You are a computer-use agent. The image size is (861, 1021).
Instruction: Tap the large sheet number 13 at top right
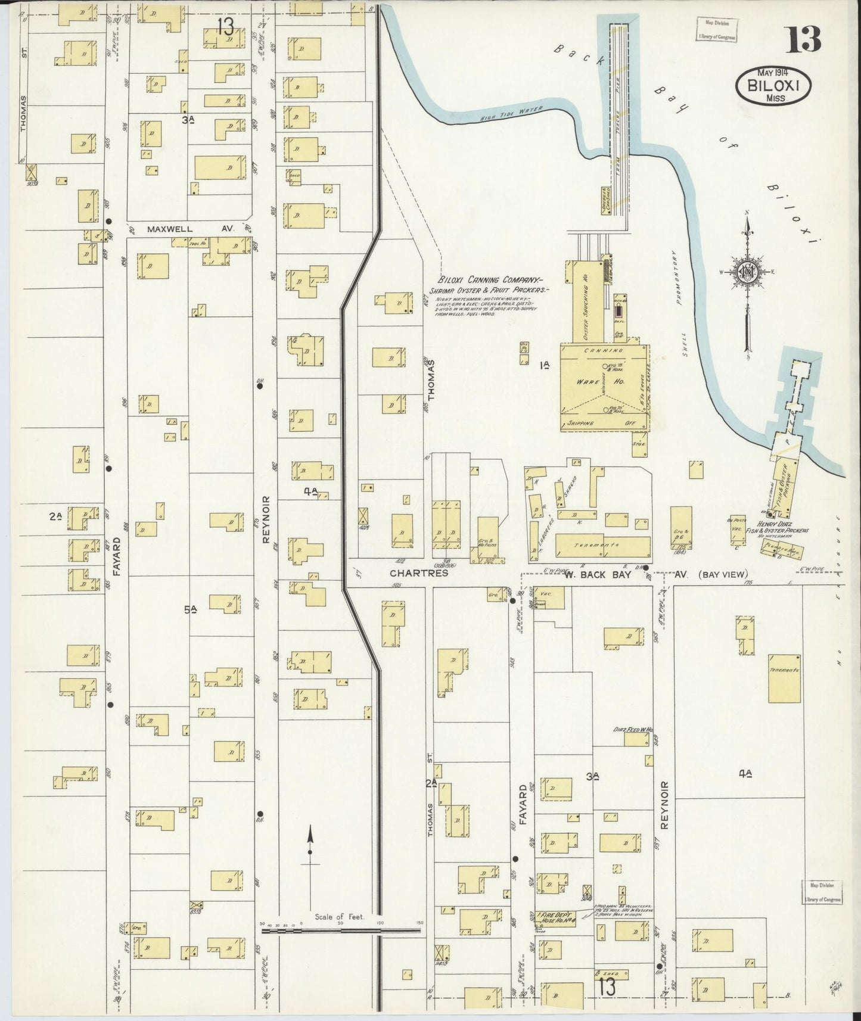804,39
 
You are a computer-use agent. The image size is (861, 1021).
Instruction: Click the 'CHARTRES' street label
418,574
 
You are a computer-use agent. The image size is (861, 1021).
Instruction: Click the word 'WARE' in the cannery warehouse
587,381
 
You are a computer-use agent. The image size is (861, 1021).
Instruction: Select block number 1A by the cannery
543,365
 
